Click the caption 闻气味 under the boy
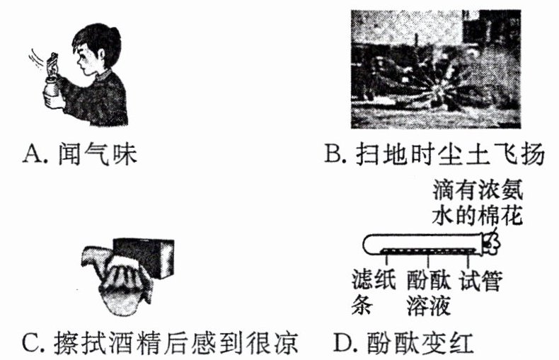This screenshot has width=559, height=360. click(x=98, y=154)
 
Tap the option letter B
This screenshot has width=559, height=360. click(x=334, y=154)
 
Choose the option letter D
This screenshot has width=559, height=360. click(x=344, y=342)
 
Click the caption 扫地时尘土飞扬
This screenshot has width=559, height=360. click(x=451, y=154)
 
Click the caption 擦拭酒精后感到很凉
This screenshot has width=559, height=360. click(x=175, y=342)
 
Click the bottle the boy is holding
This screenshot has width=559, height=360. click(x=52, y=88)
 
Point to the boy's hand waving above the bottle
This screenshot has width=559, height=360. click(x=52, y=64)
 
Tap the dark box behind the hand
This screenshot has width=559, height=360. click(x=144, y=257)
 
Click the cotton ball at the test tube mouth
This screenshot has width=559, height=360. click(x=492, y=243)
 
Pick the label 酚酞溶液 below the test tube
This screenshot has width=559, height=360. click(x=429, y=292)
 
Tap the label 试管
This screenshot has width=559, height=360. click(x=481, y=281)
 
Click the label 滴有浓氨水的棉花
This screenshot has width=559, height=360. click(x=478, y=202)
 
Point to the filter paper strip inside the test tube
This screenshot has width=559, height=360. click(x=428, y=250)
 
